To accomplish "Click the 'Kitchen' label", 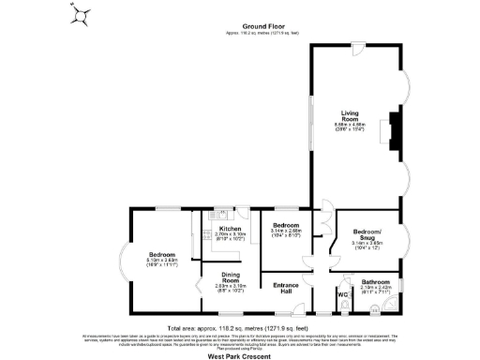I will point(230,228).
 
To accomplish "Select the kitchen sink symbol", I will point(215,214).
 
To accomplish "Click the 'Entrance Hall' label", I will point(287,288).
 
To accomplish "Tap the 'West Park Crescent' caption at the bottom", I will point(240,354).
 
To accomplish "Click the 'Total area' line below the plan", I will point(240,327).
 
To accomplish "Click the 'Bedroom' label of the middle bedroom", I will point(286,226).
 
